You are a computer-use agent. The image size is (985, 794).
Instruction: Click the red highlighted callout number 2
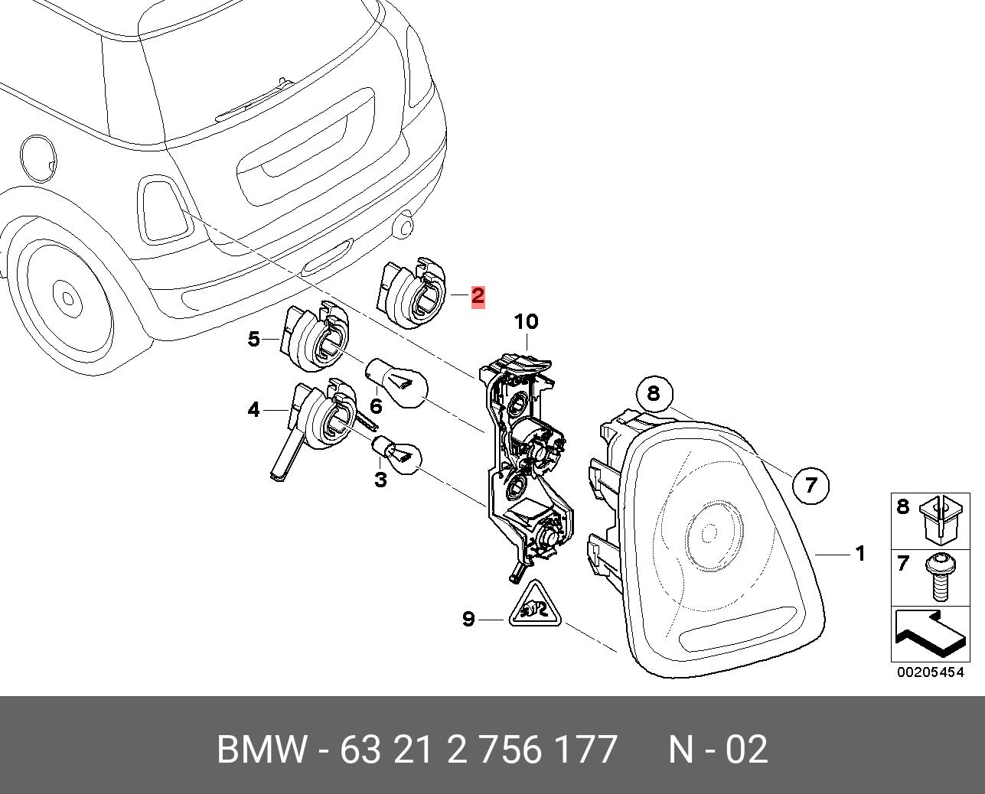tap(478, 296)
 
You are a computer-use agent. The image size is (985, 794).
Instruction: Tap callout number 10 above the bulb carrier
tap(526, 322)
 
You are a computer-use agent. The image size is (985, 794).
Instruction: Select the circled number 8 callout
tap(653, 393)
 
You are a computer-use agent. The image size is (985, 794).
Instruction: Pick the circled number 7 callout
tap(811, 484)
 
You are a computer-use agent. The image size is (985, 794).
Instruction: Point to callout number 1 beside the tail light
tap(860, 553)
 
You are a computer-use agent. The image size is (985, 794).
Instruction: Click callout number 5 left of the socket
tap(254, 338)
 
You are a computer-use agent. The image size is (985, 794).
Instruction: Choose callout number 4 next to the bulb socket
tap(254, 410)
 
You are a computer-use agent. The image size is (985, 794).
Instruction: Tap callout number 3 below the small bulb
tap(380, 480)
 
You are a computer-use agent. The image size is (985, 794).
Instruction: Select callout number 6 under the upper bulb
tap(376, 405)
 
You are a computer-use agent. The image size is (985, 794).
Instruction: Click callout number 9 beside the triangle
tap(469, 618)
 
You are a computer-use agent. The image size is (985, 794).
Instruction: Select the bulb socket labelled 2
tap(414, 294)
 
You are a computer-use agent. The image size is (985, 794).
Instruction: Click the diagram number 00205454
tap(931, 673)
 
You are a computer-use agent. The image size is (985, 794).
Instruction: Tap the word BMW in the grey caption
tap(263, 750)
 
